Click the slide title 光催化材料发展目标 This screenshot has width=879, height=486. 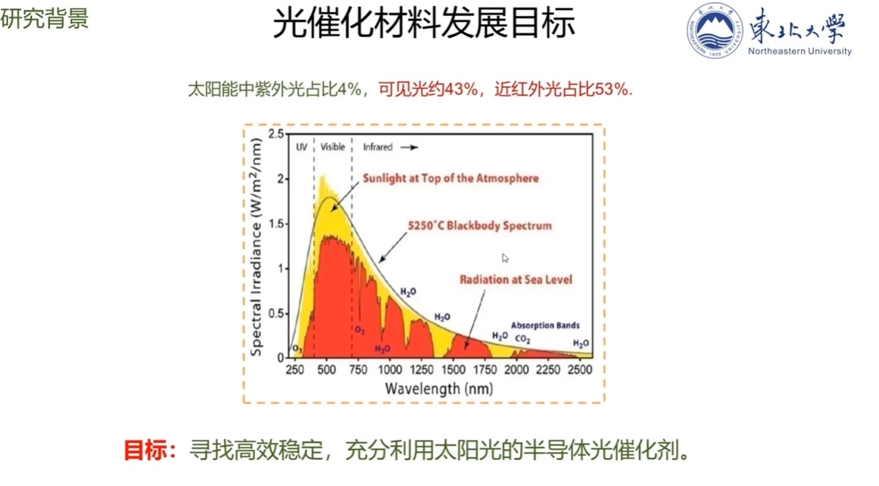(423, 23)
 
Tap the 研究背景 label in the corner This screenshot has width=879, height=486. (45, 19)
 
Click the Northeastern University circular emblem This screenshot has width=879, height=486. (715, 30)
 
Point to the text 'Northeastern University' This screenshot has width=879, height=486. (800, 51)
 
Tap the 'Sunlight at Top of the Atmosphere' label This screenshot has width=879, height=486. (450, 179)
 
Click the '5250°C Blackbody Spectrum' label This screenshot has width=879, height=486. (479, 226)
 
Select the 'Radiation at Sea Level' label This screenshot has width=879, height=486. (516, 279)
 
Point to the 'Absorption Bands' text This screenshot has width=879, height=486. (545, 326)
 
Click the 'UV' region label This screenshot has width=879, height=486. (301, 146)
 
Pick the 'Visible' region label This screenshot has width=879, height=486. (332, 146)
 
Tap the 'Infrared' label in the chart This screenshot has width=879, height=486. (378, 146)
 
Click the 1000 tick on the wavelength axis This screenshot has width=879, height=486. (389, 369)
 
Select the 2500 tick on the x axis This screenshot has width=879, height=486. (579, 369)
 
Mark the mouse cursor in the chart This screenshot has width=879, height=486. (505, 258)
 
